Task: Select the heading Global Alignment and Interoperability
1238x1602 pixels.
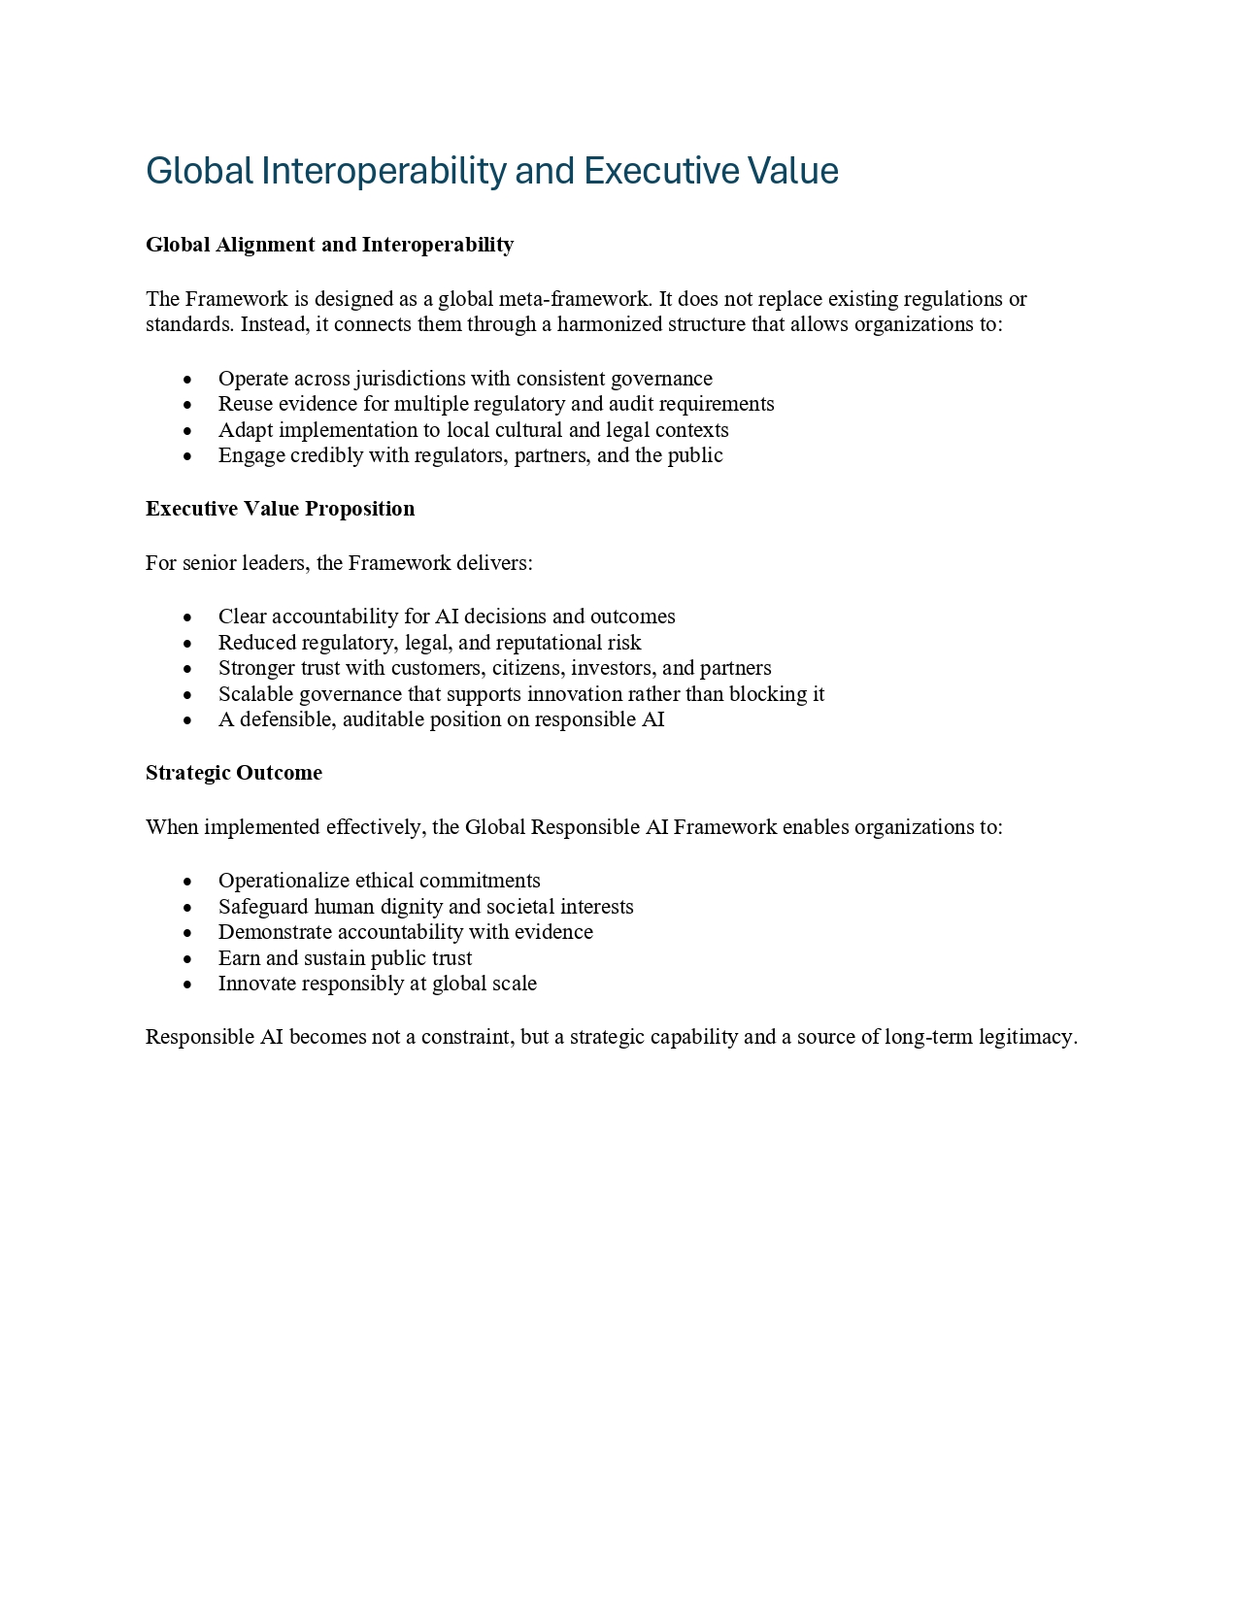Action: [x=329, y=245]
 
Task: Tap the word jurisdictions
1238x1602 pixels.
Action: [x=410, y=379]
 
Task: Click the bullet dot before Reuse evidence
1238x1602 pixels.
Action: [x=187, y=405]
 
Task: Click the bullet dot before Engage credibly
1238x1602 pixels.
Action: [x=187, y=456]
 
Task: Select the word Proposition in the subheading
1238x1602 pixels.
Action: [x=360, y=509]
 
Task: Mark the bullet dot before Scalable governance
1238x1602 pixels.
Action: [x=187, y=695]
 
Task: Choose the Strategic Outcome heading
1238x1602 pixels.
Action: [x=234, y=773]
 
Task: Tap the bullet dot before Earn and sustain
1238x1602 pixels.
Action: [x=187, y=959]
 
